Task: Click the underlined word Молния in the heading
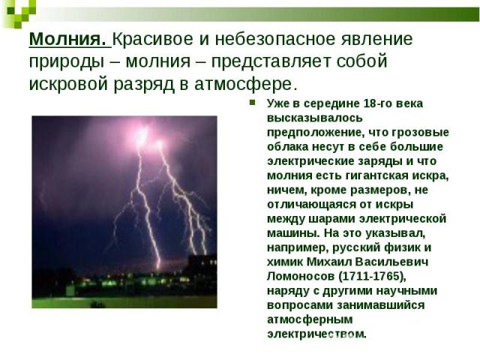[x=67, y=39]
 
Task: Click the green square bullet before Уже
[x=253, y=102]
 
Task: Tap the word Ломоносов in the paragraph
[x=301, y=276]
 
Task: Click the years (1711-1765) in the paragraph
[x=372, y=277]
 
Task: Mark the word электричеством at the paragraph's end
[x=316, y=334]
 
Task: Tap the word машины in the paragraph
[x=293, y=233]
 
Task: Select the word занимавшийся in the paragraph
[x=381, y=305]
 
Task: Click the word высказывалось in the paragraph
[x=315, y=118]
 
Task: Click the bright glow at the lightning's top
[x=143, y=135]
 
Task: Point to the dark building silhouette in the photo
[x=202, y=269]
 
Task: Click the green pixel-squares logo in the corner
[x=19, y=12]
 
